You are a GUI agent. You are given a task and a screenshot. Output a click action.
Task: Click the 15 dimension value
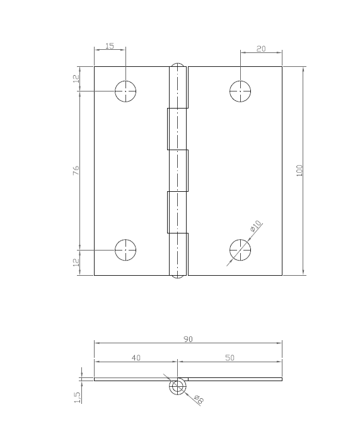point(110,46)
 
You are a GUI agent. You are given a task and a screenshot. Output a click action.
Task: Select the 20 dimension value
point(261,49)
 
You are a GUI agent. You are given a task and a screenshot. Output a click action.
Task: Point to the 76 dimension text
point(76,170)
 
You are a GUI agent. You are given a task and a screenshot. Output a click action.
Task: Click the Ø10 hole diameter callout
point(256,226)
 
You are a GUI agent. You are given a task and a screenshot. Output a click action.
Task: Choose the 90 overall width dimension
point(188,339)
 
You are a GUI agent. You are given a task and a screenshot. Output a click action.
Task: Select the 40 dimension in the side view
point(136,358)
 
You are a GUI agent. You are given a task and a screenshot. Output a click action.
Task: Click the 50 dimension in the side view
point(229,358)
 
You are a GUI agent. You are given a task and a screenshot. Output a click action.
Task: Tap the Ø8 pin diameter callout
point(197,399)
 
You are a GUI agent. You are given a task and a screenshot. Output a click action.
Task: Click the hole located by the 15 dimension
point(125,92)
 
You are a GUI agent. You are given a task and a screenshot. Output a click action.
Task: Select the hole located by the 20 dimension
point(240,92)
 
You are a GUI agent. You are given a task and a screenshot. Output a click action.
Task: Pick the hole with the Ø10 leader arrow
point(240,250)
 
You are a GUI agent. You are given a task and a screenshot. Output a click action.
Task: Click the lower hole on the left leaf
point(125,250)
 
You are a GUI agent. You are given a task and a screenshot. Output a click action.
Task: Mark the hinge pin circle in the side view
point(178,386)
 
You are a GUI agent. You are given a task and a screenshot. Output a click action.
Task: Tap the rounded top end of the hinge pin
point(178,65)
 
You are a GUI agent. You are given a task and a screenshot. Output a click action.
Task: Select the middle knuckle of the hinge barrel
point(178,170)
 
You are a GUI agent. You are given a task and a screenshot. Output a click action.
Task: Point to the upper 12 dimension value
point(76,79)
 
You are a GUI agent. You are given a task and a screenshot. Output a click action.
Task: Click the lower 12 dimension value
point(76,263)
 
